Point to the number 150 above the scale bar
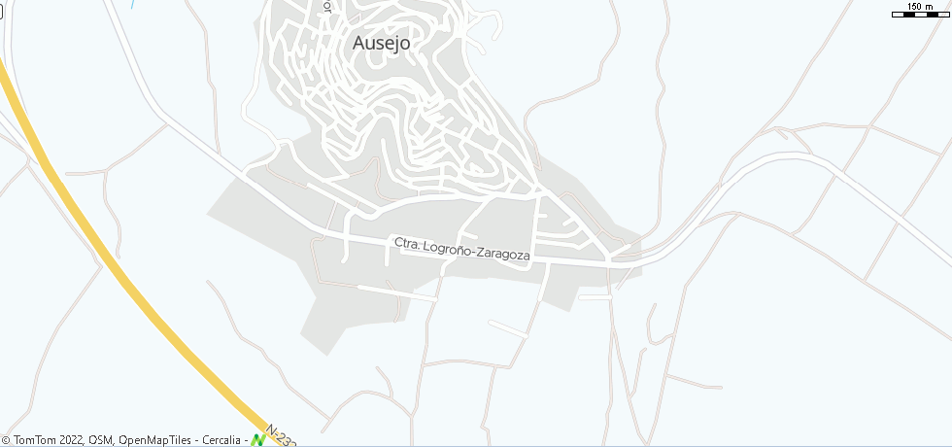915,7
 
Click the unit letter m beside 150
931,7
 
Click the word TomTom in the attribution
34,440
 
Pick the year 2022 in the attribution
68,440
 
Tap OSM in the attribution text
100,440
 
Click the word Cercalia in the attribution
221,440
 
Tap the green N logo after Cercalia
258,439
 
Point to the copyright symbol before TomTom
7,440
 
